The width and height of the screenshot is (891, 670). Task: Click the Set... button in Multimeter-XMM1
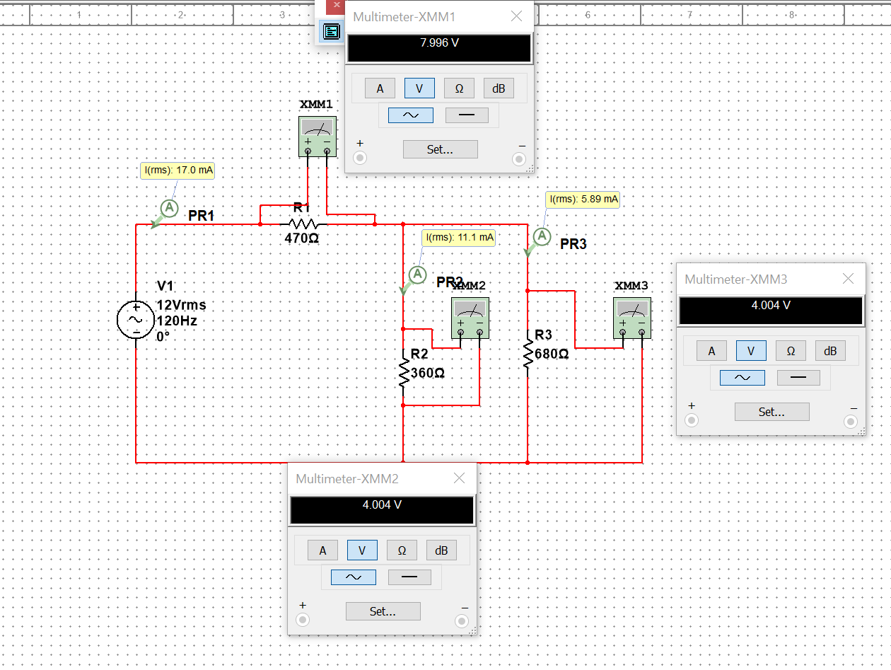pyautogui.click(x=440, y=149)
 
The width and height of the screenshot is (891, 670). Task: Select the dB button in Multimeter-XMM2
pyautogui.click(x=441, y=550)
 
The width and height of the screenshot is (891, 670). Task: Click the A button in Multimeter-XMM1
pyautogui.click(x=380, y=88)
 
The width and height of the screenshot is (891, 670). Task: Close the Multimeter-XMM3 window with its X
pyautogui.click(x=848, y=279)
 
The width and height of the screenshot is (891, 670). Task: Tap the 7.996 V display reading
pyautogui.click(x=439, y=43)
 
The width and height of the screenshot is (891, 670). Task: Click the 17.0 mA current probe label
pyautogui.click(x=178, y=170)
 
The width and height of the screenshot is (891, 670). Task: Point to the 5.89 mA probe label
pyautogui.click(x=583, y=200)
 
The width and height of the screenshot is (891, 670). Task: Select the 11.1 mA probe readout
pyautogui.click(x=459, y=237)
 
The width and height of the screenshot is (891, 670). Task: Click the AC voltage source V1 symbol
pyautogui.click(x=136, y=319)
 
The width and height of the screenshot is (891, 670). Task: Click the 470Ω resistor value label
pyautogui.click(x=301, y=239)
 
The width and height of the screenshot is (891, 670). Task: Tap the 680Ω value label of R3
pyautogui.click(x=552, y=354)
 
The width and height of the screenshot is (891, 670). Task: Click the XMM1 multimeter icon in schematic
pyautogui.click(x=317, y=136)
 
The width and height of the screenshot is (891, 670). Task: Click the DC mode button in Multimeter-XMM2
pyautogui.click(x=409, y=577)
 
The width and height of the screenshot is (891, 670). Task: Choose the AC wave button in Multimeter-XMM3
pyautogui.click(x=742, y=378)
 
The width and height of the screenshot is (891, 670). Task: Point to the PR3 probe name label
pyautogui.click(x=573, y=244)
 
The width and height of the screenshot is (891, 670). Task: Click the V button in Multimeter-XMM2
pyautogui.click(x=362, y=550)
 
